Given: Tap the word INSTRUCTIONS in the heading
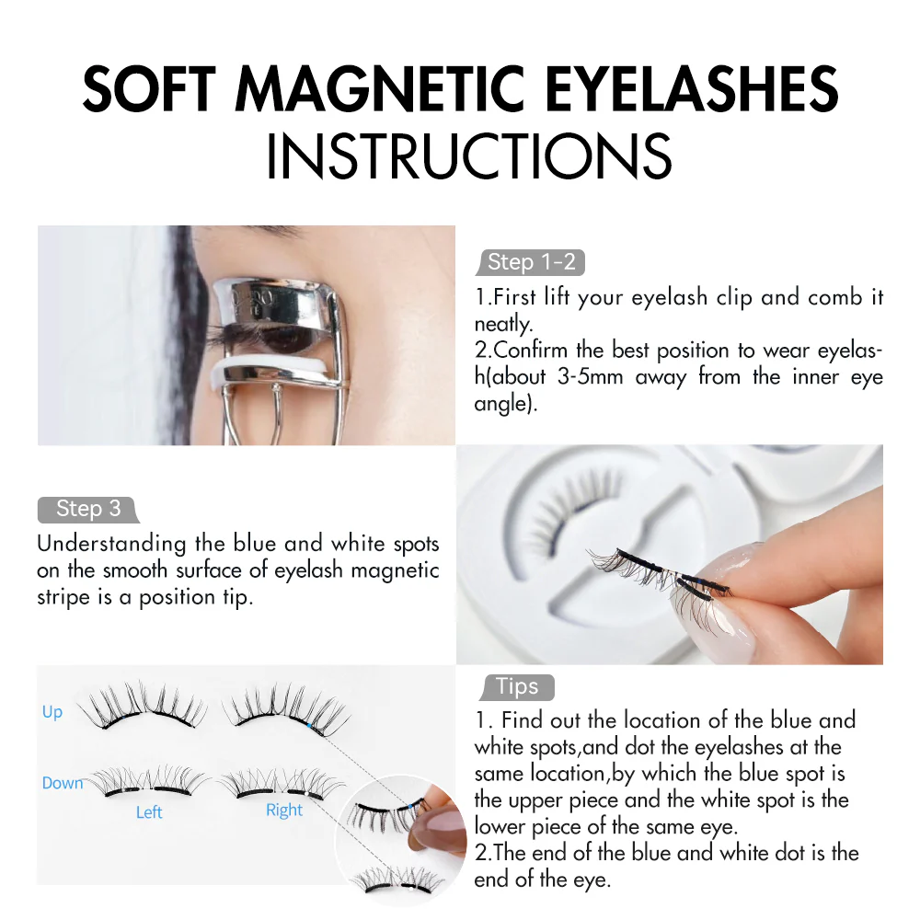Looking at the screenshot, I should tap(468, 156).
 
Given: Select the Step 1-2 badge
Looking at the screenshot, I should tap(532, 262).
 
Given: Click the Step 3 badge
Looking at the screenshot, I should tap(87, 509).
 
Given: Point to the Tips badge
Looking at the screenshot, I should tap(517, 686).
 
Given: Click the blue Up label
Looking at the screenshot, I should tap(52, 712).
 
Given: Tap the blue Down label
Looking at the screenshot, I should tap(63, 783).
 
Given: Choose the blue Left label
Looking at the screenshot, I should tap(149, 812).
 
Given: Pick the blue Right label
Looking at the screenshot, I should tap(284, 811).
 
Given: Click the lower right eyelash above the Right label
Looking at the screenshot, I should tap(281, 783).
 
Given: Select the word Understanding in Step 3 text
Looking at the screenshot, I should tap(101, 544).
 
